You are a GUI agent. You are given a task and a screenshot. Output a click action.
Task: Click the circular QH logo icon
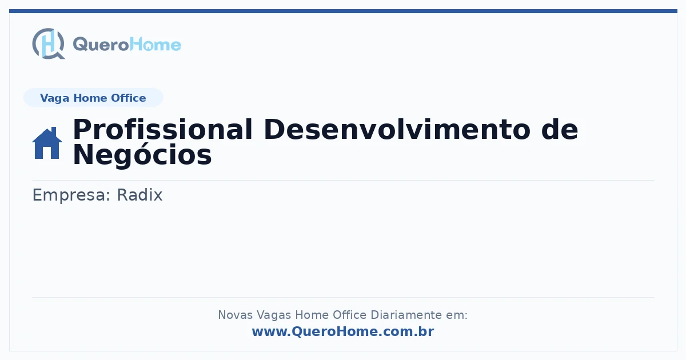(49, 43)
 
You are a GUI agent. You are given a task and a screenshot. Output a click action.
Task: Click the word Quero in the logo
(101, 45)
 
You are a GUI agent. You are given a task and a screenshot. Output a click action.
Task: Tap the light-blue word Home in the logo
(155, 44)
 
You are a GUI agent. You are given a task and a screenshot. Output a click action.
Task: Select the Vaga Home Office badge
(93, 98)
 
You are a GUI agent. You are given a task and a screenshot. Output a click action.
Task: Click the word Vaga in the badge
(54, 98)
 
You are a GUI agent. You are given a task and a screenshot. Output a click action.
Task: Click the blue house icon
(47, 143)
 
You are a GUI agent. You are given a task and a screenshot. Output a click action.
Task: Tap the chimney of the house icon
(54, 131)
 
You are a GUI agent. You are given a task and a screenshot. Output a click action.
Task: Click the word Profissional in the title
(162, 129)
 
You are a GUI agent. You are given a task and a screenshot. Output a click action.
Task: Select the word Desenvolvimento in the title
(397, 129)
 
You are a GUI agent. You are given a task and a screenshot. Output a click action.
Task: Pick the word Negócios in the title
(142, 155)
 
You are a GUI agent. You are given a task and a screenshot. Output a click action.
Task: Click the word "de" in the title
(560, 129)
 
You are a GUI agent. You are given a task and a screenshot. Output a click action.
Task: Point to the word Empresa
(71, 195)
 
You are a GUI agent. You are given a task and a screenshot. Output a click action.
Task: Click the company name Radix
(139, 195)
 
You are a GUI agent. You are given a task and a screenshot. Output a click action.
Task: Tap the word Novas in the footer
(235, 315)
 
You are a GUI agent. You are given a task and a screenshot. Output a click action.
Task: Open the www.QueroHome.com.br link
(343, 331)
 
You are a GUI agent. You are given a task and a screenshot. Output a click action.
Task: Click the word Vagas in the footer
(274, 315)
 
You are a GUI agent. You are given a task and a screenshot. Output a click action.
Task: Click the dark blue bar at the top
(343, 11)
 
